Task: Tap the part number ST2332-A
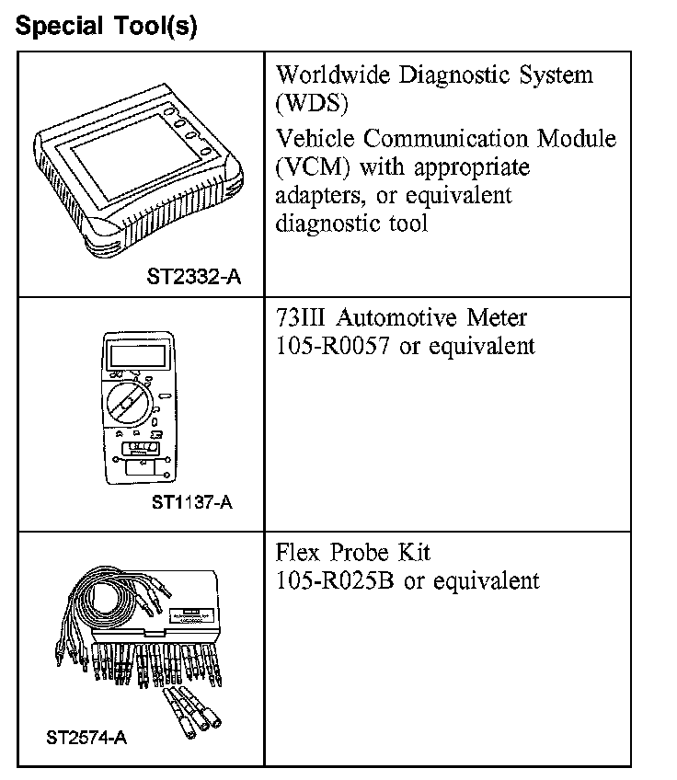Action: click(193, 275)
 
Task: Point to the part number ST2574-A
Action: click(86, 737)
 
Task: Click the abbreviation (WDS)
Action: click(312, 102)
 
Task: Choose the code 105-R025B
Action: click(337, 581)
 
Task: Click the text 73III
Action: click(300, 318)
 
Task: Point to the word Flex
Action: click(297, 553)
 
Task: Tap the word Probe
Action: click(359, 553)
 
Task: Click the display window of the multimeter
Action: click(134, 354)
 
